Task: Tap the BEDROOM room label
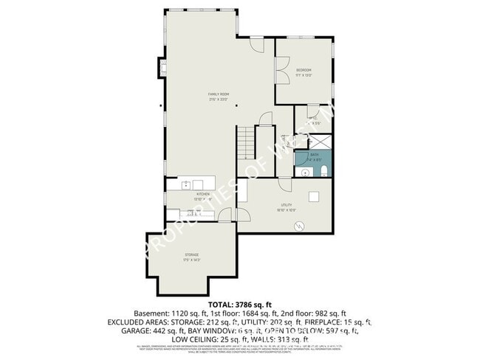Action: click(304, 70)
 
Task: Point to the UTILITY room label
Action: click(287, 204)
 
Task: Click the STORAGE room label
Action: click(191, 255)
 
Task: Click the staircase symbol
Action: click(245, 142)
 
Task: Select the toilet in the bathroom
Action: click(324, 171)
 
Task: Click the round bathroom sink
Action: click(305, 172)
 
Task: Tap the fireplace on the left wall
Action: click(162, 68)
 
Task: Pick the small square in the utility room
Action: click(314, 196)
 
